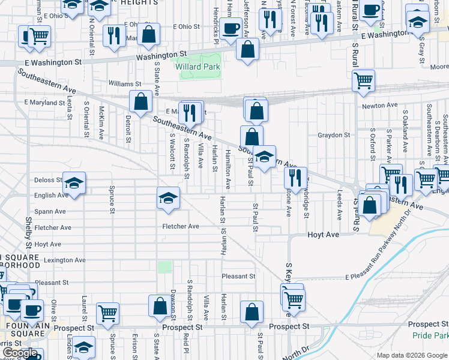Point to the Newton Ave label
pos(380,106)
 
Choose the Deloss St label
pos(48,180)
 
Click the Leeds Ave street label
pos(340,205)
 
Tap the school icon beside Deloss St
pos(74,183)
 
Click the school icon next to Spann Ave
pos(169,198)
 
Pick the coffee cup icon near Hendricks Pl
pos(230,28)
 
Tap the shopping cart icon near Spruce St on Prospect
pos(108,313)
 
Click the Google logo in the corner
pos(20,353)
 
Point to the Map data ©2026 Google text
pos(412,355)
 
